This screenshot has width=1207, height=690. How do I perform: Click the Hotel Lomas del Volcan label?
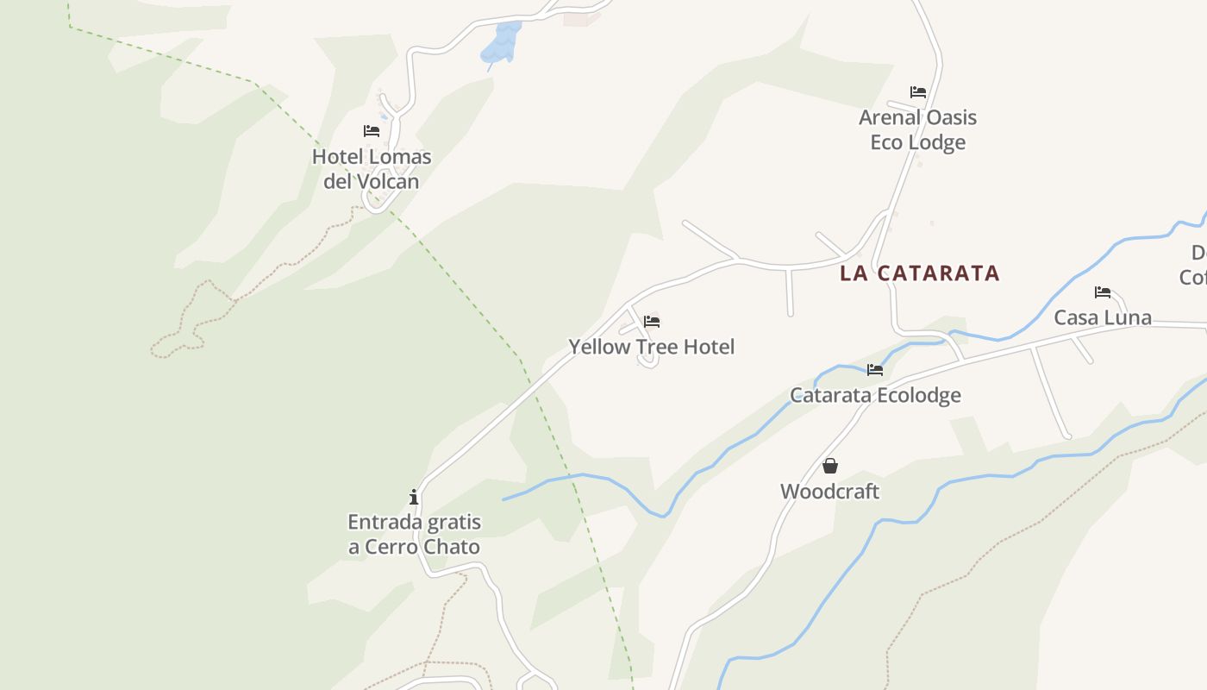(x=372, y=169)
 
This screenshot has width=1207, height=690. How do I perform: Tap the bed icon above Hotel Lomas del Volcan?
(x=372, y=131)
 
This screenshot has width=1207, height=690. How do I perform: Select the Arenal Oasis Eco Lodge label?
(x=917, y=129)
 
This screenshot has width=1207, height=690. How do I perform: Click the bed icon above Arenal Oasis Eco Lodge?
(x=918, y=92)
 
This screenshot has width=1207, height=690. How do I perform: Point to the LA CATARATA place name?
(x=920, y=273)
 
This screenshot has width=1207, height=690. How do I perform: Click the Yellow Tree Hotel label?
(x=651, y=347)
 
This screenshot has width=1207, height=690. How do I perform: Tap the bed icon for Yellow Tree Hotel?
(x=652, y=322)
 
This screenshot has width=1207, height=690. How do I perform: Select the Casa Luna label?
(x=1103, y=317)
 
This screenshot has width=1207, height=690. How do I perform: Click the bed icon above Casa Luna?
(x=1103, y=292)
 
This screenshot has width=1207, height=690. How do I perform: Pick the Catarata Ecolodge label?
(x=875, y=395)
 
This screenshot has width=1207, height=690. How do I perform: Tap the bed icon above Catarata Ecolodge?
(x=875, y=370)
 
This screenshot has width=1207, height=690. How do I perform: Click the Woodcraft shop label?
(x=829, y=492)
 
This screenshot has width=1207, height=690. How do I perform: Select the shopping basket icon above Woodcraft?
(x=830, y=467)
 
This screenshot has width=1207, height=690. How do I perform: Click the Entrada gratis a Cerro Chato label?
(x=414, y=534)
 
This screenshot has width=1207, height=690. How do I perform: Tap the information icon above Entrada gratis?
(x=414, y=497)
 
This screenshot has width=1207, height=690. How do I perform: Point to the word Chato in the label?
(x=450, y=547)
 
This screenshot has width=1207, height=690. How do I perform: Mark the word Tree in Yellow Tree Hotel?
(x=657, y=347)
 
